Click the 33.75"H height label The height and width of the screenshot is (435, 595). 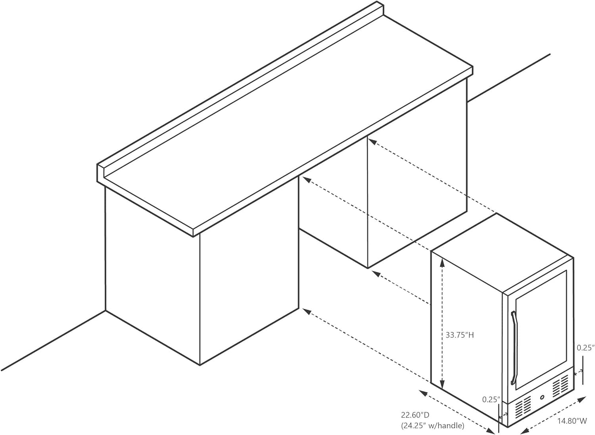tap(459, 335)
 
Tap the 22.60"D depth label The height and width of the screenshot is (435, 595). tap(415, 414)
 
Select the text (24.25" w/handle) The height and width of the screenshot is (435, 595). tap(433, 426)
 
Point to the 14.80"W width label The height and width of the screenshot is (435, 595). tap(572, 421)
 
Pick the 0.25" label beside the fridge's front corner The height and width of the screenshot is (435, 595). tap(491, 406)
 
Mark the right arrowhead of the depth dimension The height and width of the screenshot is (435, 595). tap(490, 431)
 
